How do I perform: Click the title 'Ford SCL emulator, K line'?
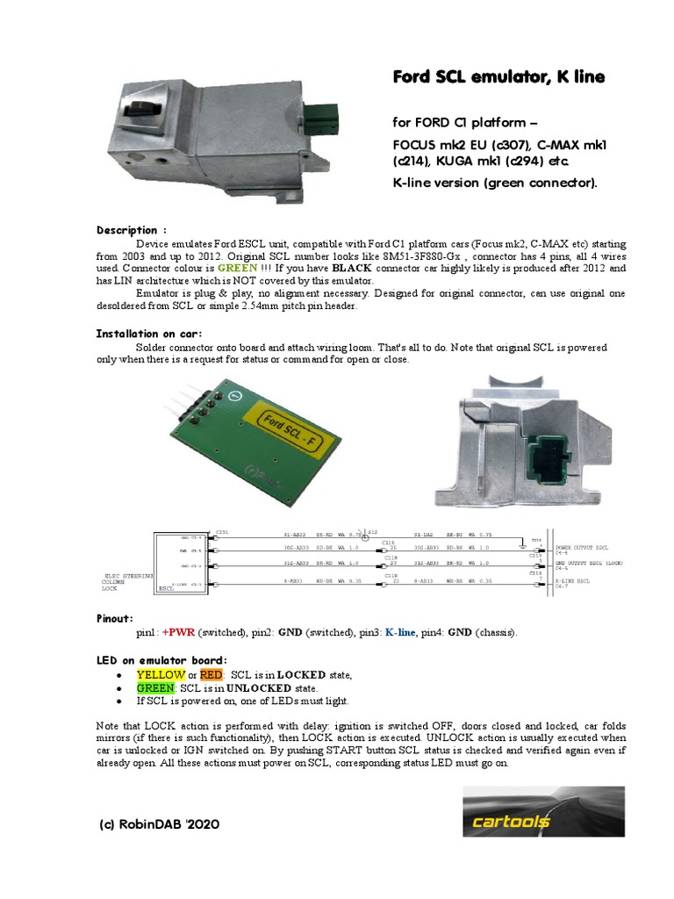(498, 77)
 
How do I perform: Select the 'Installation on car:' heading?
(148, 334)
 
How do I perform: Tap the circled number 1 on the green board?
(233, 397)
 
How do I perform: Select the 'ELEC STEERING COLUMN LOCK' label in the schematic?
(128, 580)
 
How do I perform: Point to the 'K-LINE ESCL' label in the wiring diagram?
(575, 580)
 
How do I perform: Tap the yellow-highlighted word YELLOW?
(161, 674)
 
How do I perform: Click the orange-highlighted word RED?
(212, 674)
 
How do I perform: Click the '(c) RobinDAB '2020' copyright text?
(160, 824)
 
